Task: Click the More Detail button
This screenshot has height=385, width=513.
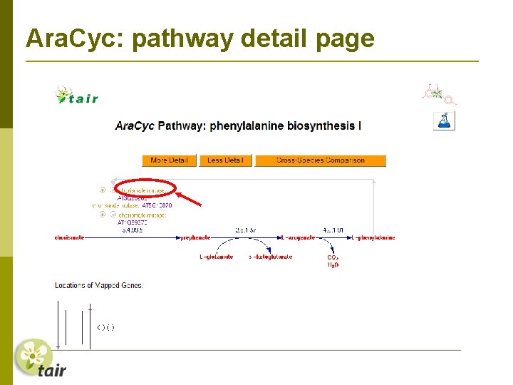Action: [169, 160]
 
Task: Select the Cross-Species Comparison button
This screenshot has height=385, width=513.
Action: [320, 160]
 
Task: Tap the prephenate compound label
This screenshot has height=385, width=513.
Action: [194, 237]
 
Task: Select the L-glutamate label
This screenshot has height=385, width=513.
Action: [216, 257]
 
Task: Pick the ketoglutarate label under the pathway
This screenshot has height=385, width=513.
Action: [271, 257]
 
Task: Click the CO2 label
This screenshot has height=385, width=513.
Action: [333, 257]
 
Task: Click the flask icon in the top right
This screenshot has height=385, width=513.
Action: [444, 120]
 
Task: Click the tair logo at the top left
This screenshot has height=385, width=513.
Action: [77, 96]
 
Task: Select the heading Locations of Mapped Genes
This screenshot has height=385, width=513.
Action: [99, 285]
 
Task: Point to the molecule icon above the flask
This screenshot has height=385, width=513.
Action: [438, 93]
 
